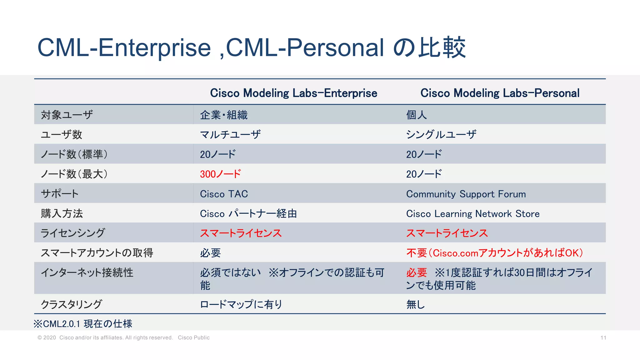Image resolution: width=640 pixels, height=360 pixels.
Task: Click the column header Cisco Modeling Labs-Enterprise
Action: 293,93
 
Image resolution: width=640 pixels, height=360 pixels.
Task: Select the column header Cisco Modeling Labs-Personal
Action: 500,93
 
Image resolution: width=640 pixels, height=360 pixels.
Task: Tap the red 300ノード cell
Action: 220,174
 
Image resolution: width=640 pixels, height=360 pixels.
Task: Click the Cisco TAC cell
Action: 224,194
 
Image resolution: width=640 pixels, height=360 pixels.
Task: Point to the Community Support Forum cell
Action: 466,194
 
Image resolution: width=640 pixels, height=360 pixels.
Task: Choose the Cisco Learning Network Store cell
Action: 472,213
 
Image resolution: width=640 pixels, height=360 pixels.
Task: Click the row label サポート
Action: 60,194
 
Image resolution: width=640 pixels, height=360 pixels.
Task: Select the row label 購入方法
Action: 62,213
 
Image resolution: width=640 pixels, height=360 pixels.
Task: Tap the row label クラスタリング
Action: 71,304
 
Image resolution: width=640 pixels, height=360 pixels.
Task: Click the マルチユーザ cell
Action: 230,134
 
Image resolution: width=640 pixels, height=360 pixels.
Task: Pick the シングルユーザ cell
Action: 441,134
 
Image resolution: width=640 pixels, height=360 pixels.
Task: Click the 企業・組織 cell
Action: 224,115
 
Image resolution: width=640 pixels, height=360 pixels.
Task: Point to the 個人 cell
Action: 416,115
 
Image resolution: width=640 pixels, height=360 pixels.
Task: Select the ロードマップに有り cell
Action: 241,304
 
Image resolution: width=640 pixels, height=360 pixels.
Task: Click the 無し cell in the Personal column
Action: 415,304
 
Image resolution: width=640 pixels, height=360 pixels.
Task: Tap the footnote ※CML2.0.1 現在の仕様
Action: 83,323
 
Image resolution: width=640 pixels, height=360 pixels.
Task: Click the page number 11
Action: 603,337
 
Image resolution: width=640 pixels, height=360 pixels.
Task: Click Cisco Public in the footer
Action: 194,337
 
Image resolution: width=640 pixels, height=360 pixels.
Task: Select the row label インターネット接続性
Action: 87,272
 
